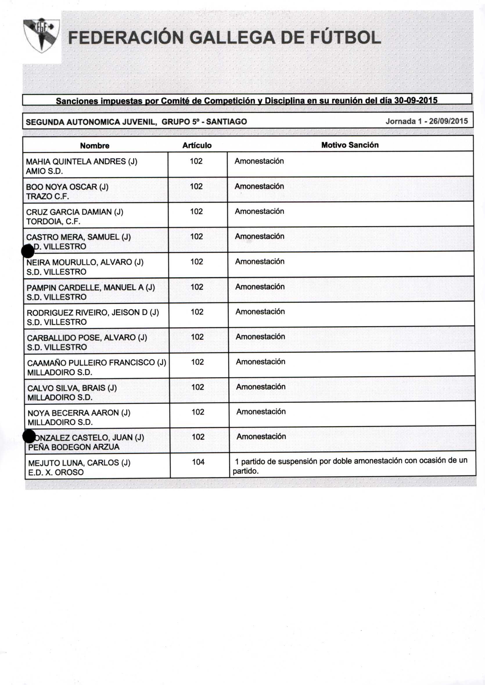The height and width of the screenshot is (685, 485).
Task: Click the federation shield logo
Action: pos(42,35)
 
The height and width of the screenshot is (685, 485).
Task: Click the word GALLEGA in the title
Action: pos(232,38)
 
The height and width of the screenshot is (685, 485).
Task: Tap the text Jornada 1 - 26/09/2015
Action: pos(426,121)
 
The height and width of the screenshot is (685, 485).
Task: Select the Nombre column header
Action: pos(95,146)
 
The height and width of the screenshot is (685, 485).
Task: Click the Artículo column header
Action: pos(197,145)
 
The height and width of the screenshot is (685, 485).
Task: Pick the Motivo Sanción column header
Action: pos(350,145)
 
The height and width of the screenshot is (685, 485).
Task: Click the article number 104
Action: pos(198,462)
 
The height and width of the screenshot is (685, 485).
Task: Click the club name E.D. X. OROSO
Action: pos(56,472)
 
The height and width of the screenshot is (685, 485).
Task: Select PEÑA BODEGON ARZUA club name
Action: pos(74,447)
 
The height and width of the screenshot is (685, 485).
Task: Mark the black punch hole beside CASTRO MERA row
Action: pos(28,251)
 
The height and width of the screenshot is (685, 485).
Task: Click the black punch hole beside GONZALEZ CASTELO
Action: pos(29,436)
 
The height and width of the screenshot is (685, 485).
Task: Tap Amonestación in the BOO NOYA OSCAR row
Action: pos(259,186)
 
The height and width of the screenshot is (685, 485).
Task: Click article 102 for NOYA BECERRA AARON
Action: pos(198,412)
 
